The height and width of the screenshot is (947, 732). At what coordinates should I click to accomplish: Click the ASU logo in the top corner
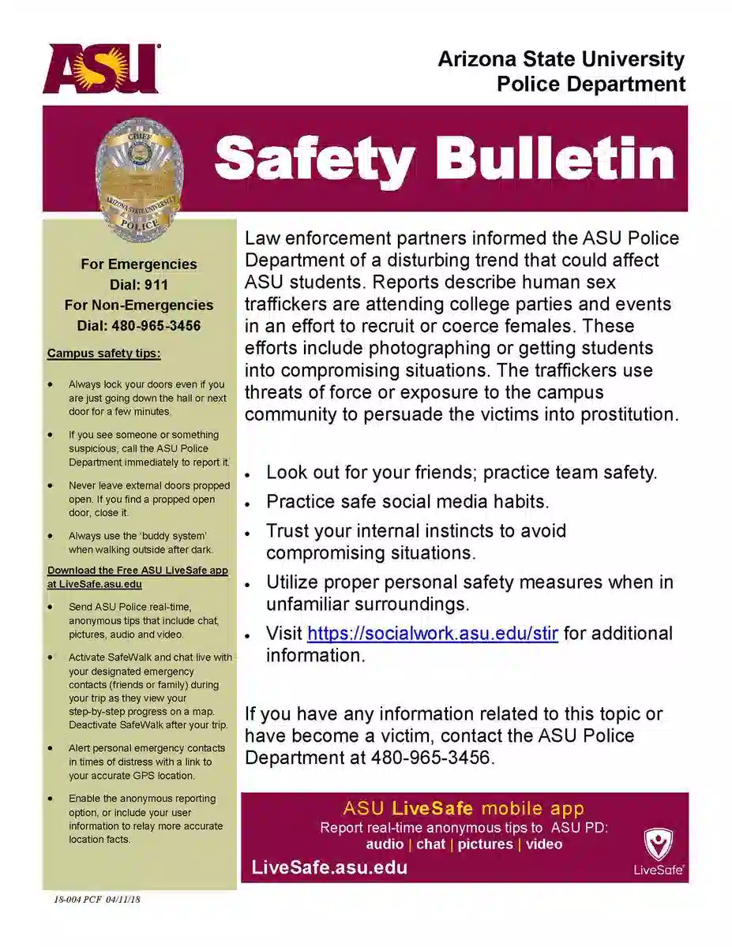click(101, 69)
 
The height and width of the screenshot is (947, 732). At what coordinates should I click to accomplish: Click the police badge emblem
click(139, 174)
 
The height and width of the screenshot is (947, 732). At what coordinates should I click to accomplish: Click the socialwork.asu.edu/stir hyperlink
click(432, 634)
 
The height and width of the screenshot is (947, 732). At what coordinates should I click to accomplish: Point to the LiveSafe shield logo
click(658, 846)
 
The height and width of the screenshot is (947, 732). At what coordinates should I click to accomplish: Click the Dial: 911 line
click(138, 285)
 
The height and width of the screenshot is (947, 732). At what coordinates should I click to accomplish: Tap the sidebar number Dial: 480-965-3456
click(138, 325)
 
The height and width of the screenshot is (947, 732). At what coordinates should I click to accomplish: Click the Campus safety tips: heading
click(103, 354)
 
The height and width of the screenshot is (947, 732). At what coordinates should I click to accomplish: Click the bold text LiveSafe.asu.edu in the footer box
click(329, 868)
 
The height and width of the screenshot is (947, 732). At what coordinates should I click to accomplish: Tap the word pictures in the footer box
click(485, 844)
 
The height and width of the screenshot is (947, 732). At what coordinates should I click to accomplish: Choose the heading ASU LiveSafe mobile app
click(464, 808)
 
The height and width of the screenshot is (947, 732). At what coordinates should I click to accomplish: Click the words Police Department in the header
click(591, 84)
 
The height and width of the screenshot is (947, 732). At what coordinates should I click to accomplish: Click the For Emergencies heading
click(138, 264)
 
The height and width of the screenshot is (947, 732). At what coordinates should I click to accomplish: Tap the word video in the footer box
click(544, 844)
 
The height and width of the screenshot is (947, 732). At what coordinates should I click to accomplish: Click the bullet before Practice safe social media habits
click(248, 503)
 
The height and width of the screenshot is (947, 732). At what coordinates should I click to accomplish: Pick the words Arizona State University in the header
click(561, 59)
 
